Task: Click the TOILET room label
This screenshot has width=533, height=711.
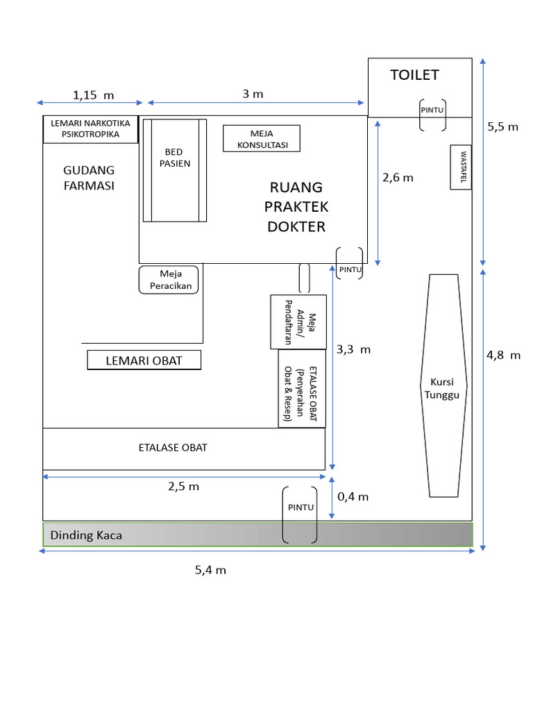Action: [414, 75]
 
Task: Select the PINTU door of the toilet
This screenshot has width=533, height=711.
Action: [432, 115]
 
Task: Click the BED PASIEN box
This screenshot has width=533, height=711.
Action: [175, 170]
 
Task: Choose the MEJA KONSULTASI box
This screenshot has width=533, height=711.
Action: [261, 138]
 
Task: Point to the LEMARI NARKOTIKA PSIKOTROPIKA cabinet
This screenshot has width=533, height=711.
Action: [90, 129]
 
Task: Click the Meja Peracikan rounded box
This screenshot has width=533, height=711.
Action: [169, 279]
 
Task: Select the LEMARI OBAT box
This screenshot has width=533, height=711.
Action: [144, 360]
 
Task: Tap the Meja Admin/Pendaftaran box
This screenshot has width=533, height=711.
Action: [298, 322]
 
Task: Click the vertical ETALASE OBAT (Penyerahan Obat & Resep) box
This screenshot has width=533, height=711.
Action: [301, 388]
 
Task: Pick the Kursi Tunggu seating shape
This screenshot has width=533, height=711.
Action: [443, 385]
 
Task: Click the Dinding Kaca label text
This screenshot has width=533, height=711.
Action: [86, 535]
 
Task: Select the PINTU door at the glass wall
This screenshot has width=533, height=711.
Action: [300, 514]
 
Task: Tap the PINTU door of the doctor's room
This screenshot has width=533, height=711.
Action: [349, 263]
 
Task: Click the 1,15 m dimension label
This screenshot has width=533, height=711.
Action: [94, 94]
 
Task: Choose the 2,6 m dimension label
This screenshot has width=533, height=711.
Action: [398, 177]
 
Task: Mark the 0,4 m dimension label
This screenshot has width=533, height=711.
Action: [353, 496]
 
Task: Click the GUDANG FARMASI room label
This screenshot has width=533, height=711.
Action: [89, 178]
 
